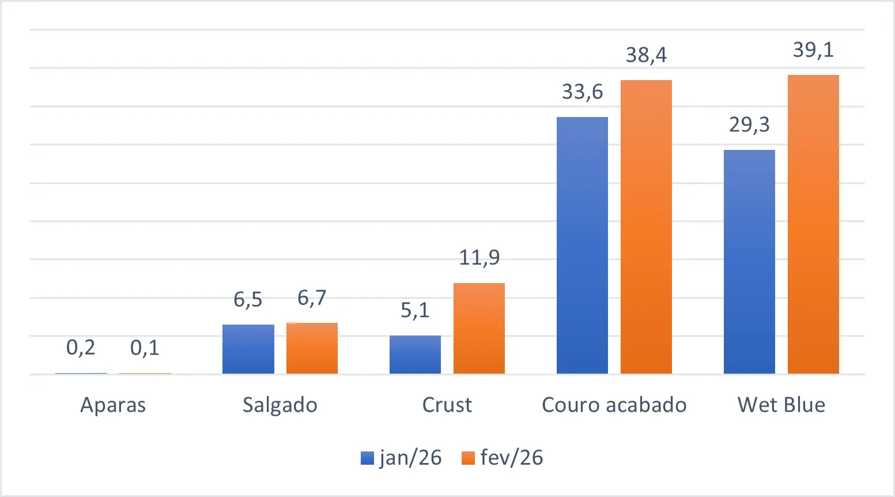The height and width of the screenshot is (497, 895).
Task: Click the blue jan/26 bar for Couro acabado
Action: pos(582,245)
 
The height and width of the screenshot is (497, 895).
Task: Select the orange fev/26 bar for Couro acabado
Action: pos(646,227)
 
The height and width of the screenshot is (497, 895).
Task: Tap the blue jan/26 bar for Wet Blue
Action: pos(749,262)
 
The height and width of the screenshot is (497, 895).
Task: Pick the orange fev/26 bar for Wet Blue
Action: pos(813,224)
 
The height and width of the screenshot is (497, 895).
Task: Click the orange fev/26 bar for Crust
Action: pos(479,328)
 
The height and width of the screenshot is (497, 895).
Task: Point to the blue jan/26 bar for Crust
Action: pos(415,355)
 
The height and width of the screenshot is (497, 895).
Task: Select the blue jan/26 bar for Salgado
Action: pos(248,349)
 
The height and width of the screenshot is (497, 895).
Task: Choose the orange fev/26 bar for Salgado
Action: pos(312,348)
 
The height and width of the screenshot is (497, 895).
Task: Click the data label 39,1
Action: pos(813,50)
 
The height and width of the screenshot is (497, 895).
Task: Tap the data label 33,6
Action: pos(582,92)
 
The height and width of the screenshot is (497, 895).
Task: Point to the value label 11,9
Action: pos(479,257)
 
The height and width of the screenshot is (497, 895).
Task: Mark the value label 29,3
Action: pos(749,125)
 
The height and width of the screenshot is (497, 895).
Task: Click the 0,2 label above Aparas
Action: pos(81,348)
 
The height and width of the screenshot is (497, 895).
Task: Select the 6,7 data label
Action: pos(312,298)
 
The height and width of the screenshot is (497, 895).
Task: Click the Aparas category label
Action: pos(113,405)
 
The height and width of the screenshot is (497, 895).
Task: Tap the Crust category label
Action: pos(447,405)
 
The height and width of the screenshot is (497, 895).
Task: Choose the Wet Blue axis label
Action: pos(781,405)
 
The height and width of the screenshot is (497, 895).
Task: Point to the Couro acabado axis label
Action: pos(614,405)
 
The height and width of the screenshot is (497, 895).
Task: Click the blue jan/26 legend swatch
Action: pos(367,458)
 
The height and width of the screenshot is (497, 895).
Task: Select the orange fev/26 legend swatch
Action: pos(468,458)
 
